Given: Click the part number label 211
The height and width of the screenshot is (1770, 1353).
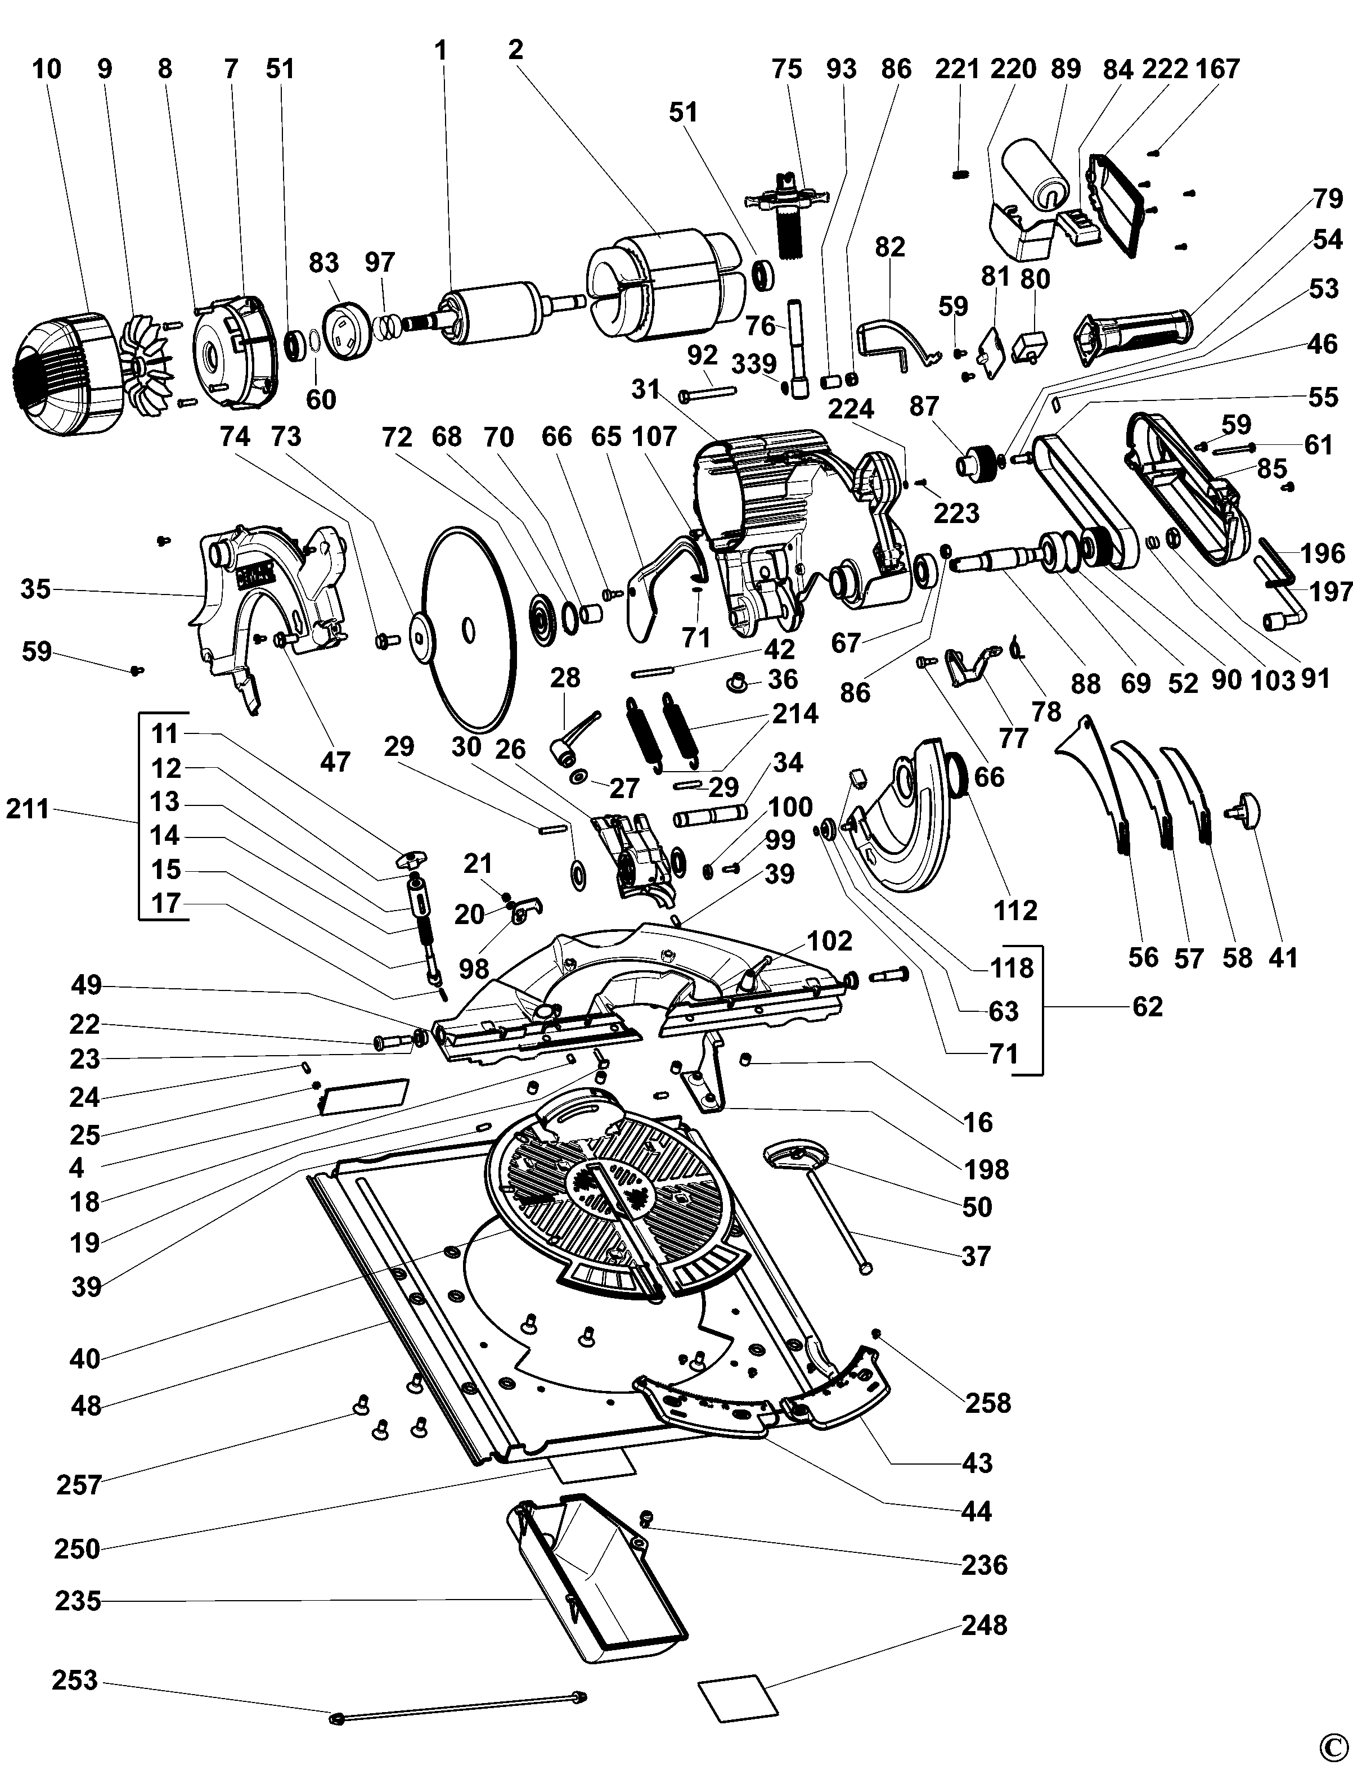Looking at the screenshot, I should point(28,808).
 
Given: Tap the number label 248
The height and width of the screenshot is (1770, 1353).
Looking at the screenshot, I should point(984,1625).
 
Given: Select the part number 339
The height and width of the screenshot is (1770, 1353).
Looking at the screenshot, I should point(754,363).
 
